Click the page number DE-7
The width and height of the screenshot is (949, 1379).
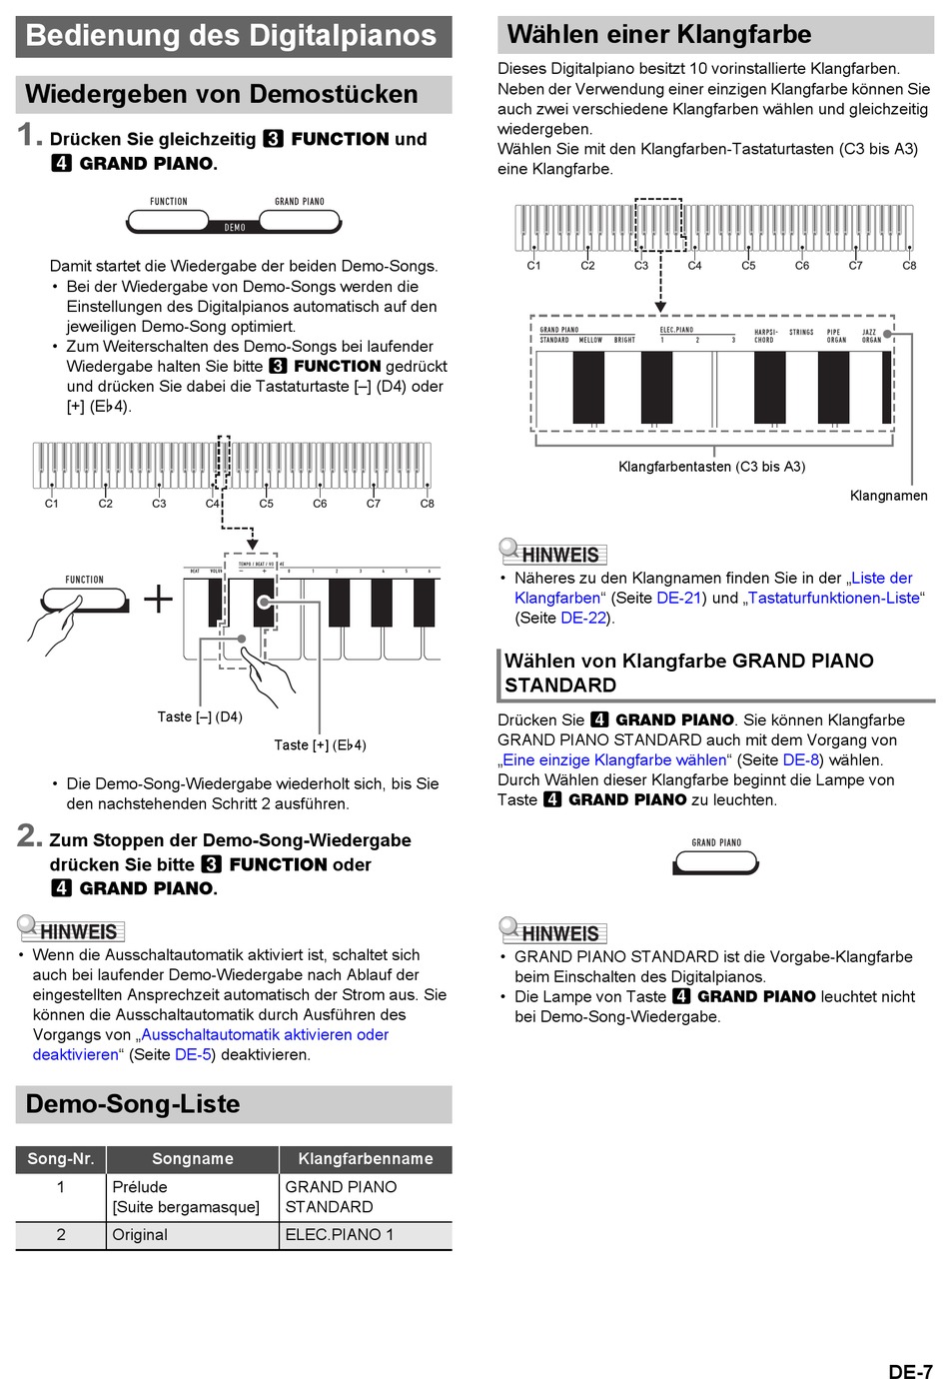click(x=910, y=1371)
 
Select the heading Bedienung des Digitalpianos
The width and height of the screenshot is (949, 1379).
click(x=231, y=36)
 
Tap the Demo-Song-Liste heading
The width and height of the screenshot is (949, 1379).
click(x=133, y=1104)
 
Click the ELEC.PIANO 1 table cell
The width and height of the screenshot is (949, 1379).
click(x=340, y=1235)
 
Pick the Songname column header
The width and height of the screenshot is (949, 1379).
click(x=193, y=1159)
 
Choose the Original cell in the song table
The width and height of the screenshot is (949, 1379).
click(x=140, y=1235)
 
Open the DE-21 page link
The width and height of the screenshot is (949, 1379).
click(x=679, y=598)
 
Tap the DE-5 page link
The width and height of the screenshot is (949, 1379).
click(x=193, y=1054)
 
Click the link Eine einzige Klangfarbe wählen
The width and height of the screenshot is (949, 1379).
click(x=614, y=759)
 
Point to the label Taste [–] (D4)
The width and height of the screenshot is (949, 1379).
click(x=200, y=716)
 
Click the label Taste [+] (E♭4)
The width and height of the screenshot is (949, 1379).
click(x=320, y=744)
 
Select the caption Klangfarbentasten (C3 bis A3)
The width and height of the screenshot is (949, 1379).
click(x=711, y=467)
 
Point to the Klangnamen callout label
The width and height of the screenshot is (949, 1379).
click(x=888, y=496)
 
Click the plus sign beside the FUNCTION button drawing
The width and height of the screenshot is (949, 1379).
click(x=158, y=599)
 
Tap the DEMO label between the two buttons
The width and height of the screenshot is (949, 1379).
click(x=235, y=228)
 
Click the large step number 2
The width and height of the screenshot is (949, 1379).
click(x=29, y=835)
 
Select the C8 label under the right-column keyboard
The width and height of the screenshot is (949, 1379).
click(x=909, y=266)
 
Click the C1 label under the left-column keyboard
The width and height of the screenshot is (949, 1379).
click(x=52, y=504)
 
